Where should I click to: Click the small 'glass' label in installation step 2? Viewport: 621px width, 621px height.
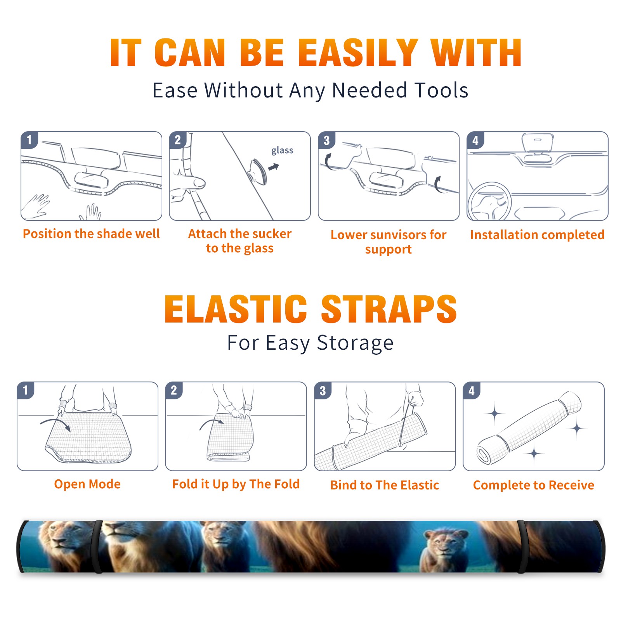(282, 151)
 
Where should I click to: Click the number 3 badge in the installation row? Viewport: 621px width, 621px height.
(326, 140)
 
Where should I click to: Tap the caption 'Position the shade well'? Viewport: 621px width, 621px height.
(91, 234)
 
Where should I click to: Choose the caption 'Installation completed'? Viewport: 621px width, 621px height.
(537, 235)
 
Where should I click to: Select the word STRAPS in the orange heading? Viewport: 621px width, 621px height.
(389, 309)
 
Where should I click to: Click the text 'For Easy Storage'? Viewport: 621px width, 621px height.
(310, 343)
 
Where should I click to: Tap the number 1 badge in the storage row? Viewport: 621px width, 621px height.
(26, 390)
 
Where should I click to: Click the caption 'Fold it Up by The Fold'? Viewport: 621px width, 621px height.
(236, 484)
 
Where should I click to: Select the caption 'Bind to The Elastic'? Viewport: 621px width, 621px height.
(385, 485)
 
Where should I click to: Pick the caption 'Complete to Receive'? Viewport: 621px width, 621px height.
(534, 485)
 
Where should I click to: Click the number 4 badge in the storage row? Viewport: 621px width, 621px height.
(472, 390)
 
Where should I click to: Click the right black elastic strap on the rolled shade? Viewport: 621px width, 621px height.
(522, 547)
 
